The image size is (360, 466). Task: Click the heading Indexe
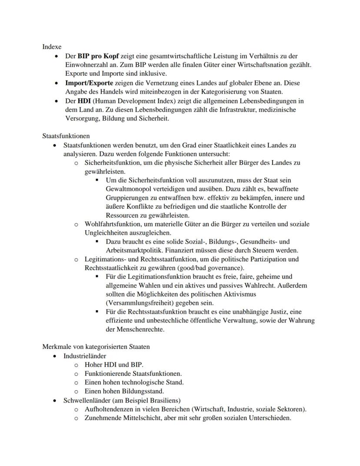[x=52, y=47]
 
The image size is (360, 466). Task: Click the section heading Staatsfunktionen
[x=66, y=136]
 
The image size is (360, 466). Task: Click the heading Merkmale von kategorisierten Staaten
[x=96, y=347]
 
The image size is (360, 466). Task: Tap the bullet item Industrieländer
[x=84, y=356]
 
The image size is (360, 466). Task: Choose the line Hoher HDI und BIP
[x=113, y=365]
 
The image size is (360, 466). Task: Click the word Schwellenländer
[x=87, y=400]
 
